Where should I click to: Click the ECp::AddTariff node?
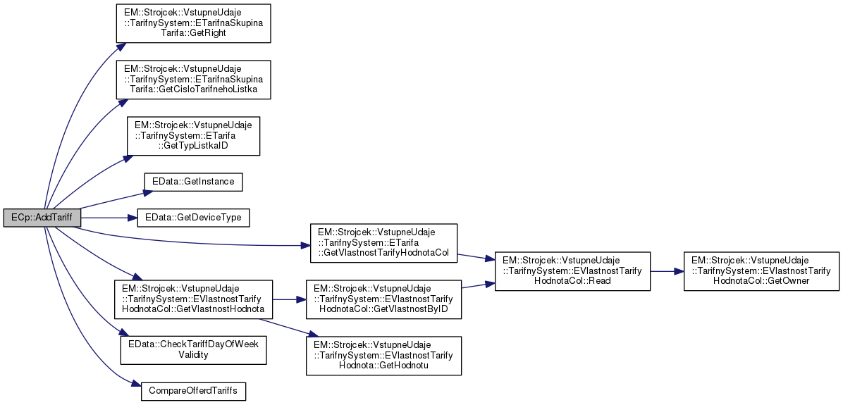pyautogui.click(x=42, y=218)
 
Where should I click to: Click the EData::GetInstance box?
pyautogui.click(x=193, y=182)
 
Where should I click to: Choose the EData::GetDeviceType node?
pyautogui.click(x=192, y=218)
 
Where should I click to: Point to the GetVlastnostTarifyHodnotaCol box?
pyautogui.click(x=383, y=243)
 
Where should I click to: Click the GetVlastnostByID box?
pyautogui.click(x=383, y=299)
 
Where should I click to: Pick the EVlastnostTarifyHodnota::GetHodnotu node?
pyautogui.click(x=383, y=355)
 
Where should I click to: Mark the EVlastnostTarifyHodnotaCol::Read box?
pyautogui.click(x=572, y=270)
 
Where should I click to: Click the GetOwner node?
pyautogui.click(x=761, y=270)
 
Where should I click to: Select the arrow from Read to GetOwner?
pyautogui.click(x=666, y=270)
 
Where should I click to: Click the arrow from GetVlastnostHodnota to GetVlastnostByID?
pyautogui.click(x=289, y=299)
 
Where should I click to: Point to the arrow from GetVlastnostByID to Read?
pyautogui.click(x=478, y=285)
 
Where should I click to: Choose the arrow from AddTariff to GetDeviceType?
pyautogui.click(x=109, y=218)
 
